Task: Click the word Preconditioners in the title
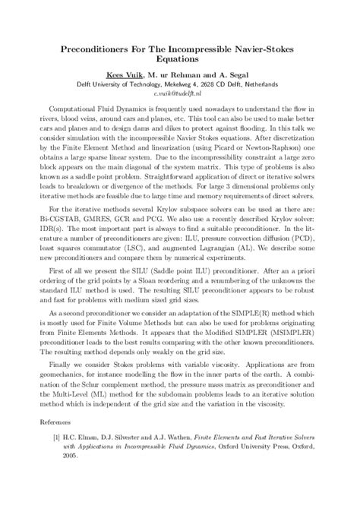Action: (88, 47)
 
